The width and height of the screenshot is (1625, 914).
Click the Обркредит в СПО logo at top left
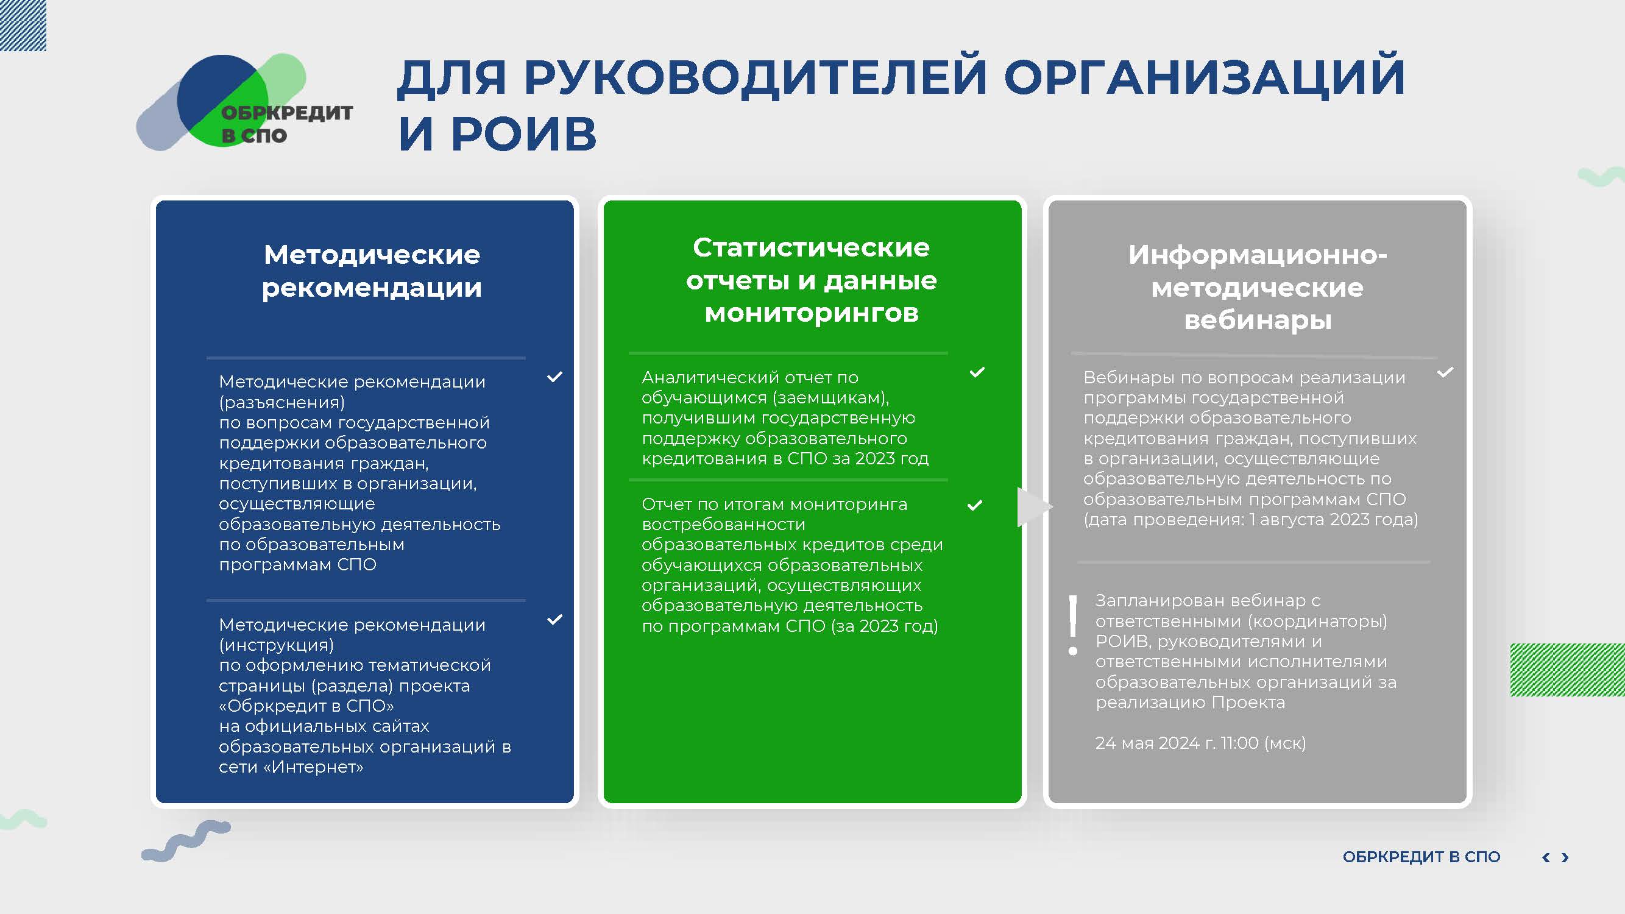point(245,102)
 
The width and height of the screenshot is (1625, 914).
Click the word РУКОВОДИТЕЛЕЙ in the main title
point(755,77)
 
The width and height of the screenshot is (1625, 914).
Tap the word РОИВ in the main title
point(523,133)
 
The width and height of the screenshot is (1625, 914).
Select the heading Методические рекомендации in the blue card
point(372,271)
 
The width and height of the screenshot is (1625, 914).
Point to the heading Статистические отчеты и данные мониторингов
point(811,280)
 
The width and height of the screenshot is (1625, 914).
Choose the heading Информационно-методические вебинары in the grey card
point(1257,287)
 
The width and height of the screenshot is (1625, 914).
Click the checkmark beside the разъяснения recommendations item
point(554,377)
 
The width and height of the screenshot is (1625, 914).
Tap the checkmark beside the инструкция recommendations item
point(554,620)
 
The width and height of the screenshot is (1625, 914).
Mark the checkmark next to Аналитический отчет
point(977,372)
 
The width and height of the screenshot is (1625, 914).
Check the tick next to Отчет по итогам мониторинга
point(975,505)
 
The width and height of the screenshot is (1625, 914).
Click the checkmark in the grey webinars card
point(1445,372)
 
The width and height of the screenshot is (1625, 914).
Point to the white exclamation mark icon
point(1073,625)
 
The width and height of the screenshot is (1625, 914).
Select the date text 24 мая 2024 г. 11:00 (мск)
point(1200,743)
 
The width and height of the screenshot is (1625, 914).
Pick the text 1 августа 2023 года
point(1331,519)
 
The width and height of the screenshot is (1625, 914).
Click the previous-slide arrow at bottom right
point(1546,857)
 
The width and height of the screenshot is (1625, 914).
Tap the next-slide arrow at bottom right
point(1565,857)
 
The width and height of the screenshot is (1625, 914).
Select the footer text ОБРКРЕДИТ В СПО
point(1421,857)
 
